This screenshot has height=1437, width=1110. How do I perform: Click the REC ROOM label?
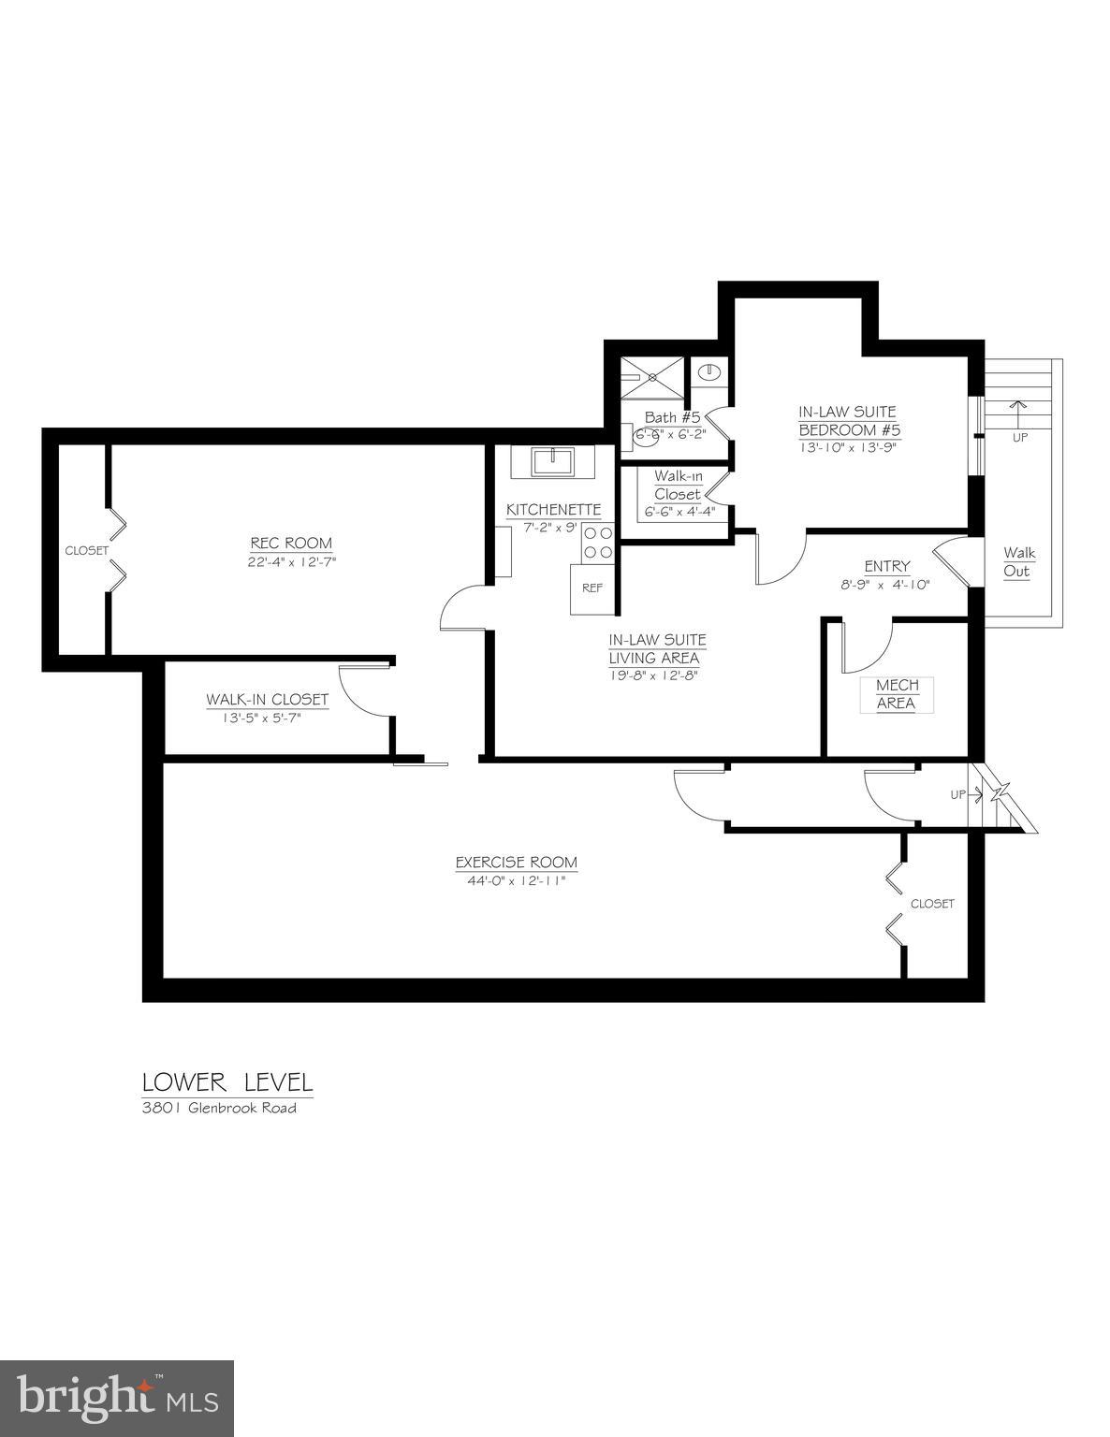[x=290, y=544]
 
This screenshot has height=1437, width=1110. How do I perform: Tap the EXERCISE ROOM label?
[x=516, y=863]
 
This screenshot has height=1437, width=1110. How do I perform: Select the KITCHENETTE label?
[x=553, y=510]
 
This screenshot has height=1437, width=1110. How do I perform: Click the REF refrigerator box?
[x=592, y=588]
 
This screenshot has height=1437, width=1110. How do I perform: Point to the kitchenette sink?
[x=552, y=460]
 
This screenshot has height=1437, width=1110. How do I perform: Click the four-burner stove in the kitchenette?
[x=598, y=544]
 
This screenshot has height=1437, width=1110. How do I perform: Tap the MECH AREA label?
[x=897, y=694]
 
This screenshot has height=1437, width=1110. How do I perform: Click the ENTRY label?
[x=886, y=566]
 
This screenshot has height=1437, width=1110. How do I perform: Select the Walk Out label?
[x=1018, y=562]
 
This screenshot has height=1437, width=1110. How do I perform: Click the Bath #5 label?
[x=672, y=417]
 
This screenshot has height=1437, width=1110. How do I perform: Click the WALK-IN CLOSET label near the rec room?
[x=267, y=700]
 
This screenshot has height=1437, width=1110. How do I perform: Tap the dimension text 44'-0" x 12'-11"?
[x=511, y=881]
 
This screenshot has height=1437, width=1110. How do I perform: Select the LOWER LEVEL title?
[x=227, y=1083]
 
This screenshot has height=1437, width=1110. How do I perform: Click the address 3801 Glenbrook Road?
[x=219, y=1109]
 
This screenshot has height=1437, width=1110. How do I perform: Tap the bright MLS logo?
[x=117, y=1399]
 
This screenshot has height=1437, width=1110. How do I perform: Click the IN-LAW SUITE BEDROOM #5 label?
[x=848, y=421]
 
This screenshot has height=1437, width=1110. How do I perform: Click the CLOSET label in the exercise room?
[x=932, y=904]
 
